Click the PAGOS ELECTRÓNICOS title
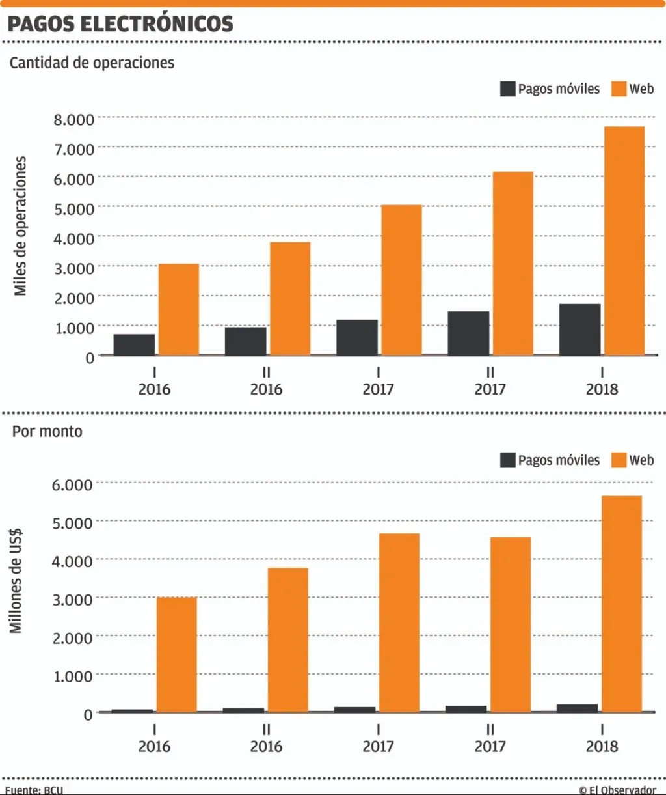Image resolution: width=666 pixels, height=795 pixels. coord(120,24)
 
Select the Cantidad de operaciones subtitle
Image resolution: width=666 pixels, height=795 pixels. coord(92,63)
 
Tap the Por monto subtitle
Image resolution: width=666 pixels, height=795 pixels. coord(47,431)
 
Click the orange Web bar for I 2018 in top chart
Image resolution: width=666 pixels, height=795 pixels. coord(623,241)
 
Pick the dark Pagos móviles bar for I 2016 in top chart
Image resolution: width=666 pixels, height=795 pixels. coord(134,344)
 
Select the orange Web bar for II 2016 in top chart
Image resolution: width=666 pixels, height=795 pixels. coord(290,299)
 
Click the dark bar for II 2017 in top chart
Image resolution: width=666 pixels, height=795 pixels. coord(468,333)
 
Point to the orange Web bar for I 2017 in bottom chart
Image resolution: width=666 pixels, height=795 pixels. coord(399,622)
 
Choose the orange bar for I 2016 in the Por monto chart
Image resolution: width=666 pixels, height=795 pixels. coord(176,654)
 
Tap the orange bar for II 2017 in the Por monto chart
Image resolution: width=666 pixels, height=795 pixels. coord(511,624)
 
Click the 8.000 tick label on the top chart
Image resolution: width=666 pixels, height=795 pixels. coord(73,119)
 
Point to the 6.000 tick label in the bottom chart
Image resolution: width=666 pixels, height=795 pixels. coord(73,484)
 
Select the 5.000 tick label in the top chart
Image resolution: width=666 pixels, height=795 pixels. coord(73,208)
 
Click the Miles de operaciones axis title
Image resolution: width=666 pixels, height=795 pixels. coord(21,226)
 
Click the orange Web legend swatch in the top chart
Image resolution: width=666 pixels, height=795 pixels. coord(619,89)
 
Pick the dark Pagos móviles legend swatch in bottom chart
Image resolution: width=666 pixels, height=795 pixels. coord(507,460)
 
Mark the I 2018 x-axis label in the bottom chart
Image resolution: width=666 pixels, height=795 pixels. coord(602,738)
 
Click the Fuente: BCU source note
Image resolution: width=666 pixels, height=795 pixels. coord(34,790)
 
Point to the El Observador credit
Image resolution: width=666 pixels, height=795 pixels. coord(617,790)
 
